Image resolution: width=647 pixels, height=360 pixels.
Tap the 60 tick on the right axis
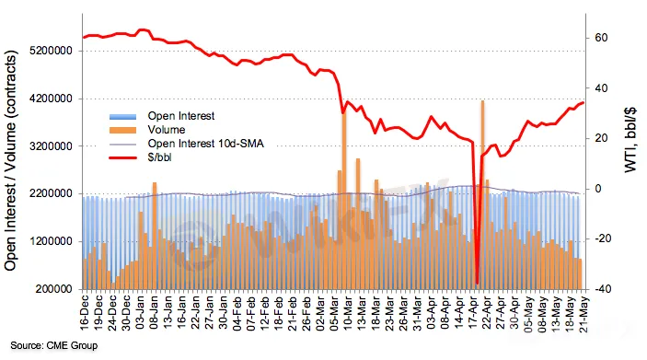[x=601, y=38]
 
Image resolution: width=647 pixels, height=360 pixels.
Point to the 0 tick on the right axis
[x=598, y=189]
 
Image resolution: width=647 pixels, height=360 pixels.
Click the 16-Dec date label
[x=85, y=313]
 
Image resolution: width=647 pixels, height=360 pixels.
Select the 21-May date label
[x=584, y=313]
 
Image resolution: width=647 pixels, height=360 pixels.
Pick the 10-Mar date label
[x=348, y=313]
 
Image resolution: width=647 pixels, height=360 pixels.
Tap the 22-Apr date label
[x=487, y=313]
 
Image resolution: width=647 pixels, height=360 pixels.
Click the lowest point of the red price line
[x=477, y=284]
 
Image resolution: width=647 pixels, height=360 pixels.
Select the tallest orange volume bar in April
[x=482, y=194]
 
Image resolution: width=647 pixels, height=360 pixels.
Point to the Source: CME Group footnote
[x=54, y=345]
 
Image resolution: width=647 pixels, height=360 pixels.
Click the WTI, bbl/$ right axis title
[x=630, y=140]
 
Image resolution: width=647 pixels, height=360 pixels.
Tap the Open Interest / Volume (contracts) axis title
[x=11, y=160]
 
